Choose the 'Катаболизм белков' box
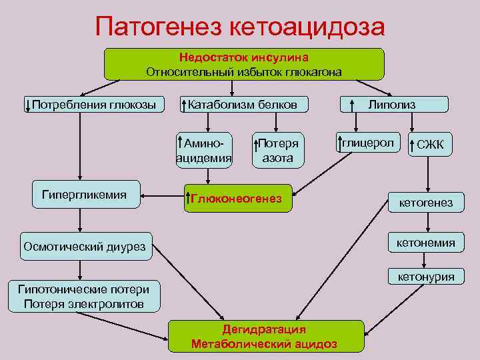[x=245, y=105]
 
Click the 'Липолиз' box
[x=394, y=105]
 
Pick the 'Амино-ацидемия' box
[x=204, y=151]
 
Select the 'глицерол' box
[x=367, y=143]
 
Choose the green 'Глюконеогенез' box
[x=237, y=199]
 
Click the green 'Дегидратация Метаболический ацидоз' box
[x=265, y=336]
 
